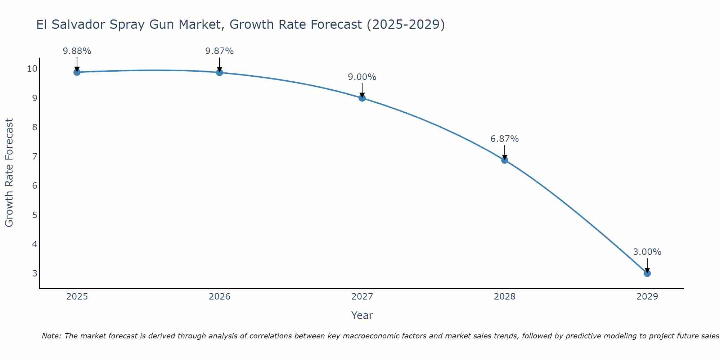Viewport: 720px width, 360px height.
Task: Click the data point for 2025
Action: coord(77,72)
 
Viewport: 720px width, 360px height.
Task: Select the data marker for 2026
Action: coord(219,72)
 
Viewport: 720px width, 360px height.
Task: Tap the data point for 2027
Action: coord(362,98)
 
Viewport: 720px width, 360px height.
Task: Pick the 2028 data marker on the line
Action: coord(504,160)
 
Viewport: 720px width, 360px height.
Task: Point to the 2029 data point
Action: coord(647,273)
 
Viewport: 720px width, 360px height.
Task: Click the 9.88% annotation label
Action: coord(77,51)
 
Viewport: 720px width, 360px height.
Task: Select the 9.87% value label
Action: coord(219,51)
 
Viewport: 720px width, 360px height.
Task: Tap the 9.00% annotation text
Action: coord(362,77)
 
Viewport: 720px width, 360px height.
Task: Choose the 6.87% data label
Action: coord(504,139)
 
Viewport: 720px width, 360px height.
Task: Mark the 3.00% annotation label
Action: coord(647,252)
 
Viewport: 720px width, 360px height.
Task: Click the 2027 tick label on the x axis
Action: coord(362,297)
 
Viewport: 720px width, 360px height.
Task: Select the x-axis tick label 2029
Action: coord(647,297)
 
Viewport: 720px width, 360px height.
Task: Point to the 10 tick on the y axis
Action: coord(32,69)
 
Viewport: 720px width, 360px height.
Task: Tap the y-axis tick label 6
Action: coord(35,186)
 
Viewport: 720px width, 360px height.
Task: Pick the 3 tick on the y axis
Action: coord(35,273)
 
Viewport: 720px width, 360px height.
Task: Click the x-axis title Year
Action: coord(362,315)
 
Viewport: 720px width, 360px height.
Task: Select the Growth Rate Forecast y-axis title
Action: coord(9,173)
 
